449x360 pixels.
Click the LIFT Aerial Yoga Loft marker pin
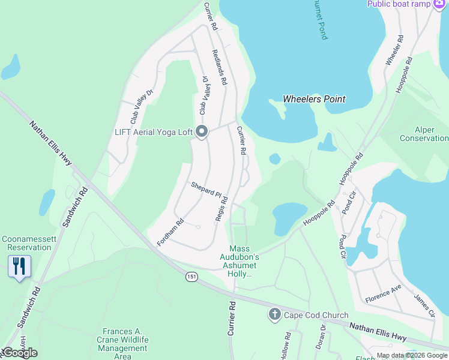[201, 131]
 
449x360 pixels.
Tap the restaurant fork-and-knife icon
[19, 266]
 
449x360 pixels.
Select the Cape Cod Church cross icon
[274, 314]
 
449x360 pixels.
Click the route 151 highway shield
[191, 276]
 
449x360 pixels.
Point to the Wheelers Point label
[314, 99]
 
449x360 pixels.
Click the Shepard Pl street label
[206, 189]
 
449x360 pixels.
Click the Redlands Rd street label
[219, 67]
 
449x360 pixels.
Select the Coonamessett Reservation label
[26, 243]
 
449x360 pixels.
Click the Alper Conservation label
[424, 134]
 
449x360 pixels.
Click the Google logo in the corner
[19, 353]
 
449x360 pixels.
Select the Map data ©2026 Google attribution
[412, 355]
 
